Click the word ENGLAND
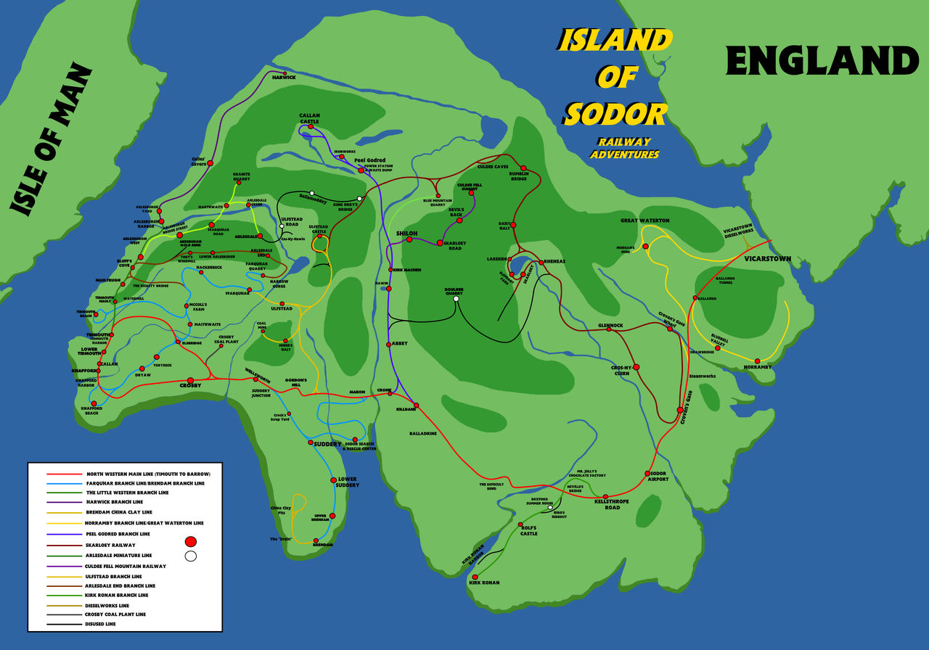tap(822, 61)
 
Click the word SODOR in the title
tap(615, 114)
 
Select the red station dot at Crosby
tap(190, 380)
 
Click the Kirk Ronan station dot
tap(475, 577)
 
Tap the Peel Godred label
tap(369, 160)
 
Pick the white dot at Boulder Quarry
tap(456, 299)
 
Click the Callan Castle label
tap(309, 118)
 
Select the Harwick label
tap(284, 77)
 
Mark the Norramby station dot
tap(757, 361)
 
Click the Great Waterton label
tap(644, 221)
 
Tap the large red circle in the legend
tap(191, 541)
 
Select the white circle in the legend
tap(191, 556)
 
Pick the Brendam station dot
tap(316, 540)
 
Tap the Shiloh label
tap(406, 233)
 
